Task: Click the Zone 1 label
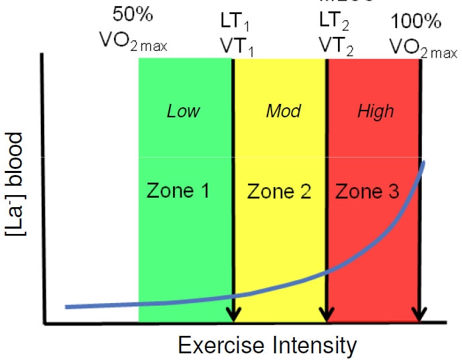178,192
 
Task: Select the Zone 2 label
279,192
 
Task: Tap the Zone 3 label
367,192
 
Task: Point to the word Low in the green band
184,111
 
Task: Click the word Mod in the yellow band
284,111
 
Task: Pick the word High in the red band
376,111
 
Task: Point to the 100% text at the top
416,20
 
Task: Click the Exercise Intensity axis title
267,345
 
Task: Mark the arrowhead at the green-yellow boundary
233,313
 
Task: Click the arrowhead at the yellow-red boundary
327,313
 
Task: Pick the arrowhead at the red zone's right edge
420,313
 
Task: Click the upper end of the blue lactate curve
424,164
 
